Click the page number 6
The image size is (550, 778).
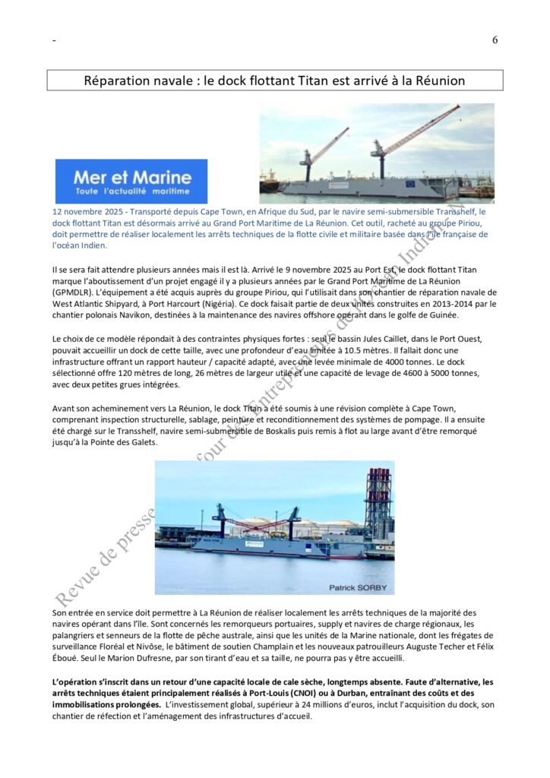[x=495, y=40]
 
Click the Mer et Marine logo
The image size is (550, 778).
[x=131, y=181]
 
